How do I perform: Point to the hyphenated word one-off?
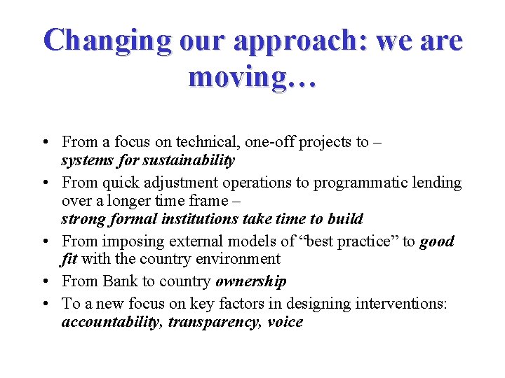tap(272, 142)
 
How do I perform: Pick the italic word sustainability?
tap(188, 160)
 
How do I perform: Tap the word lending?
tap(436, 183)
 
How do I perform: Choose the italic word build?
tap(346, 219)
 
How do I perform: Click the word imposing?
tap(130, 242)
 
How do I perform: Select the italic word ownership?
tap(251, 282)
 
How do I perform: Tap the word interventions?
tap(410, 304)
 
